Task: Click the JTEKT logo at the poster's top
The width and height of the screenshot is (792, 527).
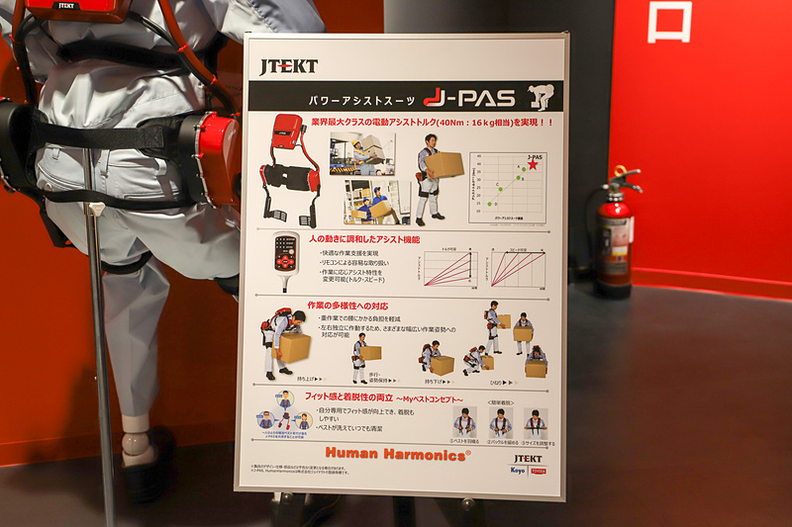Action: pyautogui.click(x=288, y=66)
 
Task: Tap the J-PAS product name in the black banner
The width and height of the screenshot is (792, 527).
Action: pyautogui.click(x=469, y=97)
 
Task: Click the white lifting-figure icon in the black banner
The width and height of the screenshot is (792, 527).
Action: pyautogui.click(x=541, y=97)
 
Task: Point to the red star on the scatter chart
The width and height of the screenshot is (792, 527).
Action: pyautogui.click(x=533, y=165)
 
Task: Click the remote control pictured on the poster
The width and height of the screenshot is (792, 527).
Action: pyautogui.click(x=287, y=260)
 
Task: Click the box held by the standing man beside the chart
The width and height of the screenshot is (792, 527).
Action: pyautogui.click(x=445, y=164)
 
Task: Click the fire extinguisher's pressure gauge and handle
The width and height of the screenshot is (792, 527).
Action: pyautogui.click(x=618, y=182)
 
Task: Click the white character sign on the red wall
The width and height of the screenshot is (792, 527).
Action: pyautogui.click(x=669, y=22)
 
